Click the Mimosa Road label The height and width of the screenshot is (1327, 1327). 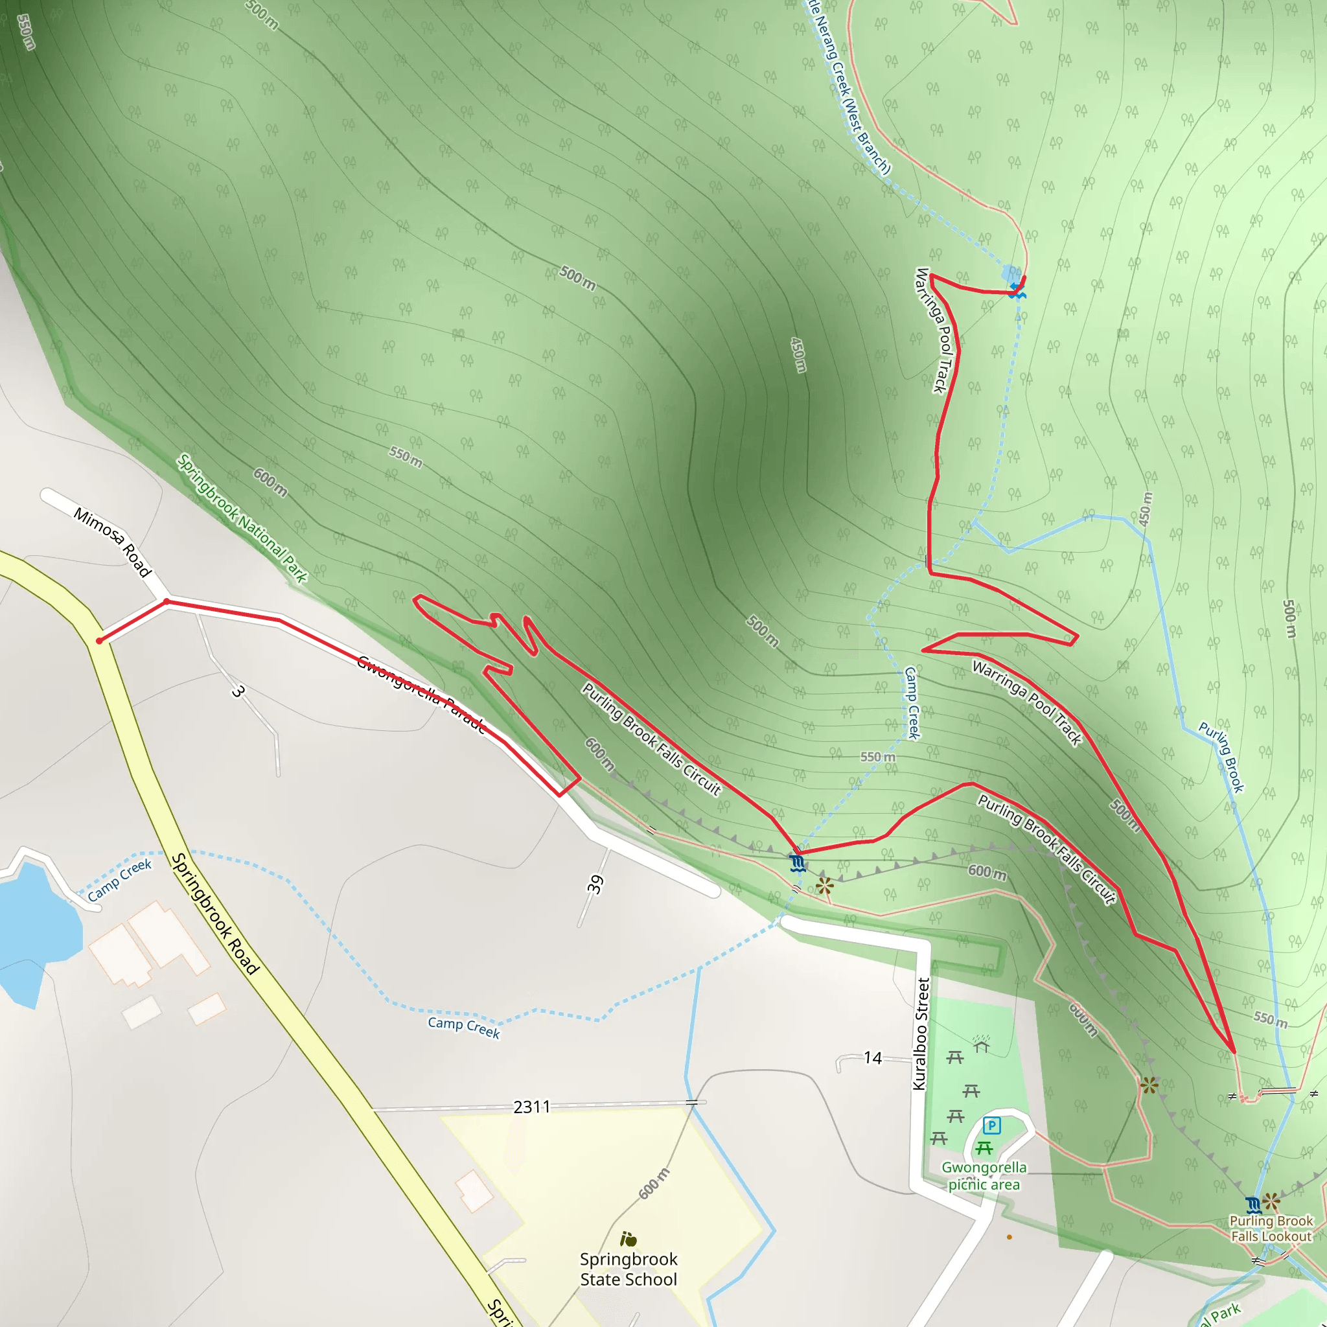point(113,542)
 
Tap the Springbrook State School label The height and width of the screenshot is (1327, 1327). point(628,1269)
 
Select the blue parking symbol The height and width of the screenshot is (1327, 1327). point(992,1125)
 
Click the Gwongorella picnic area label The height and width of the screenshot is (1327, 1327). point(984,1175)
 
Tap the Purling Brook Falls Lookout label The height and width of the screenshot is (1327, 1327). point(1271,1228)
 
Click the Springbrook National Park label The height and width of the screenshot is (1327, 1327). point(242,518)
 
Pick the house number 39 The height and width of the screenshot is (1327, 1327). point(595,884)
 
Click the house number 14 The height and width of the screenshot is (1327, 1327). point(872,1057)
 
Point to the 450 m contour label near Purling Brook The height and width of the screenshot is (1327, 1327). point(1145,509)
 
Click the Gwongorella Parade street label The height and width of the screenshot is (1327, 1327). point(421,695)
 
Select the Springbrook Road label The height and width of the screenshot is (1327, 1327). point(215,914)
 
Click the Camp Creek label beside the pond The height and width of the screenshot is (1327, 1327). point(119,880)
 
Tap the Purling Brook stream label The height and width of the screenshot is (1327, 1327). point(1221,757)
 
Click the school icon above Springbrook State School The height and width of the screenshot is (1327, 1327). point(628,1239)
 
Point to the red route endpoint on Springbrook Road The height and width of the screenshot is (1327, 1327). point(100,641)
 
